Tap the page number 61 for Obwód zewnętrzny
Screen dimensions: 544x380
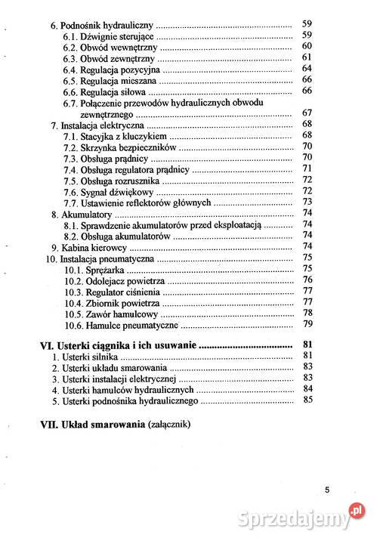[307, 57]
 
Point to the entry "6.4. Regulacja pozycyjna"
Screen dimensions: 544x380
[115, 69]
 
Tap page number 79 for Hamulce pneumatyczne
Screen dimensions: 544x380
[307, 324]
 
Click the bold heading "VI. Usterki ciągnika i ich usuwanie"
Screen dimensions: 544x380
[119, 345]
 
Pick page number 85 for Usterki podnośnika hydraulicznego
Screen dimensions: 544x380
[307, 400]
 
